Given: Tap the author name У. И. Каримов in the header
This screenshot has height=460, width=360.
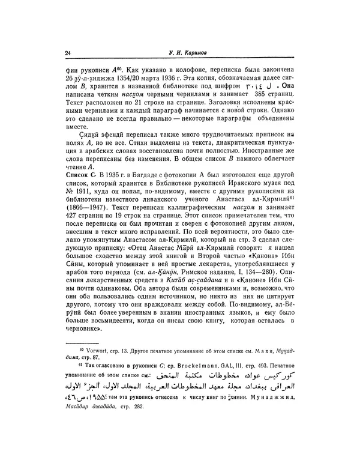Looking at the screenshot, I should coord(187,53).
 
